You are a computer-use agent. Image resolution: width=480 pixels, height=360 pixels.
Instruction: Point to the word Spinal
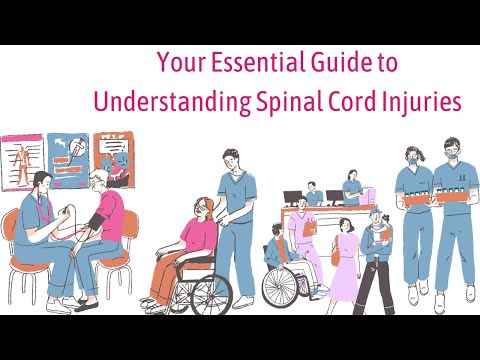point(281,102)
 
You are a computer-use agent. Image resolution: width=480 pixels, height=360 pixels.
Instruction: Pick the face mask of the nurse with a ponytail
point(415,159)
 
